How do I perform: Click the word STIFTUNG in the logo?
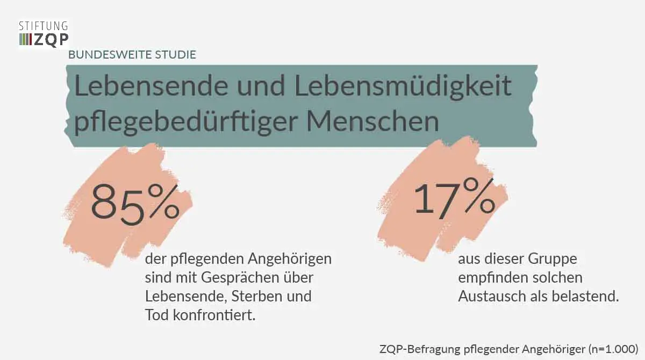44,25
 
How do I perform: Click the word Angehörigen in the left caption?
290,259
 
